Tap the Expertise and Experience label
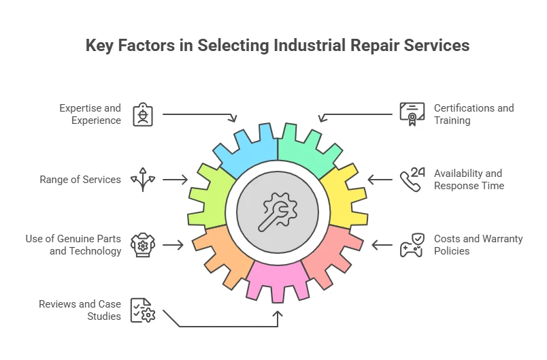90,114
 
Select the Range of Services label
80,180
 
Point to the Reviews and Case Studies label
80,310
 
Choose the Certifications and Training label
474,114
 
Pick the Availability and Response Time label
469,180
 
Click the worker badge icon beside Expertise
143,114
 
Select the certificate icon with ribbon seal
412,114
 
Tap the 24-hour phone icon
412,180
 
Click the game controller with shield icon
412,245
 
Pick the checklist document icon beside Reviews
143,310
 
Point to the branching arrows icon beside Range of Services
143,180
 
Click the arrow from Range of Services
175,180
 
